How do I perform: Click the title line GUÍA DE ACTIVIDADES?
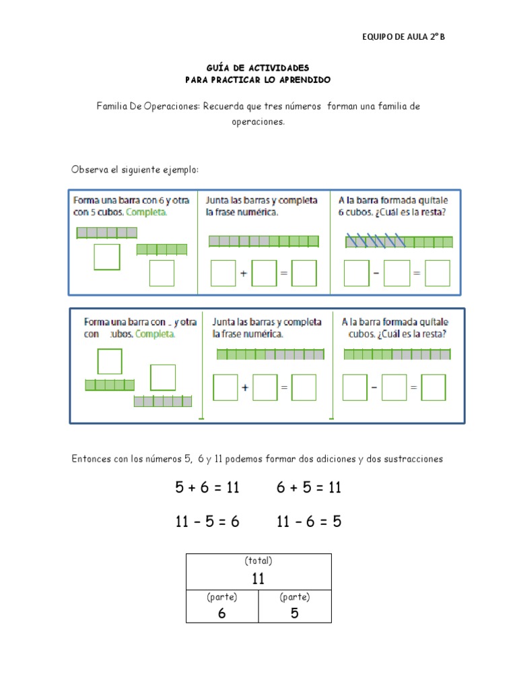pyautogui.click(x=258, y=68)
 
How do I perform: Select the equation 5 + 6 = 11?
pyautogui.click(x=207, y=487)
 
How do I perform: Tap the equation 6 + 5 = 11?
pyautogui.click(x=309, y=487)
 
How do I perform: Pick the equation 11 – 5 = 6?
pyautogui.click(x=207, y=521)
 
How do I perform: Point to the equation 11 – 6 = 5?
pyautogui.click(x=309, y=521)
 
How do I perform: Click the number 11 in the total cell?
pyautogui.click(x=258, y=579)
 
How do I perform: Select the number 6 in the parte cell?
pyautogui.click(x=221, y=613)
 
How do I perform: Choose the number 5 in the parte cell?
pyautogui.click(x=295, y=613)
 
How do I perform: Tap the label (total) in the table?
pyautogui.click(x=258, y=561)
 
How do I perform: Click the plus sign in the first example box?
pyautogui.click(x=244, y=274)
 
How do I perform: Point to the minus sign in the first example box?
pyautogui.click(x=376, y=273)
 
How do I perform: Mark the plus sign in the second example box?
pyautogui.click(x=245, y=387)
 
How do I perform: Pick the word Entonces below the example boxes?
pyautogui.click(x=92, y=459)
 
